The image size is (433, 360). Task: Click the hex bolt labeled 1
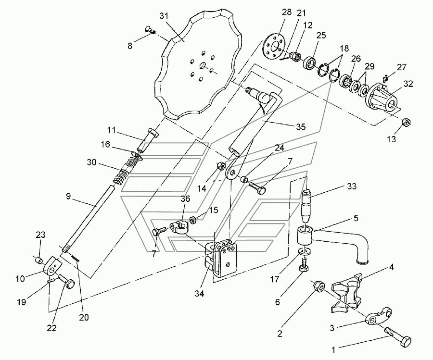397,336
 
